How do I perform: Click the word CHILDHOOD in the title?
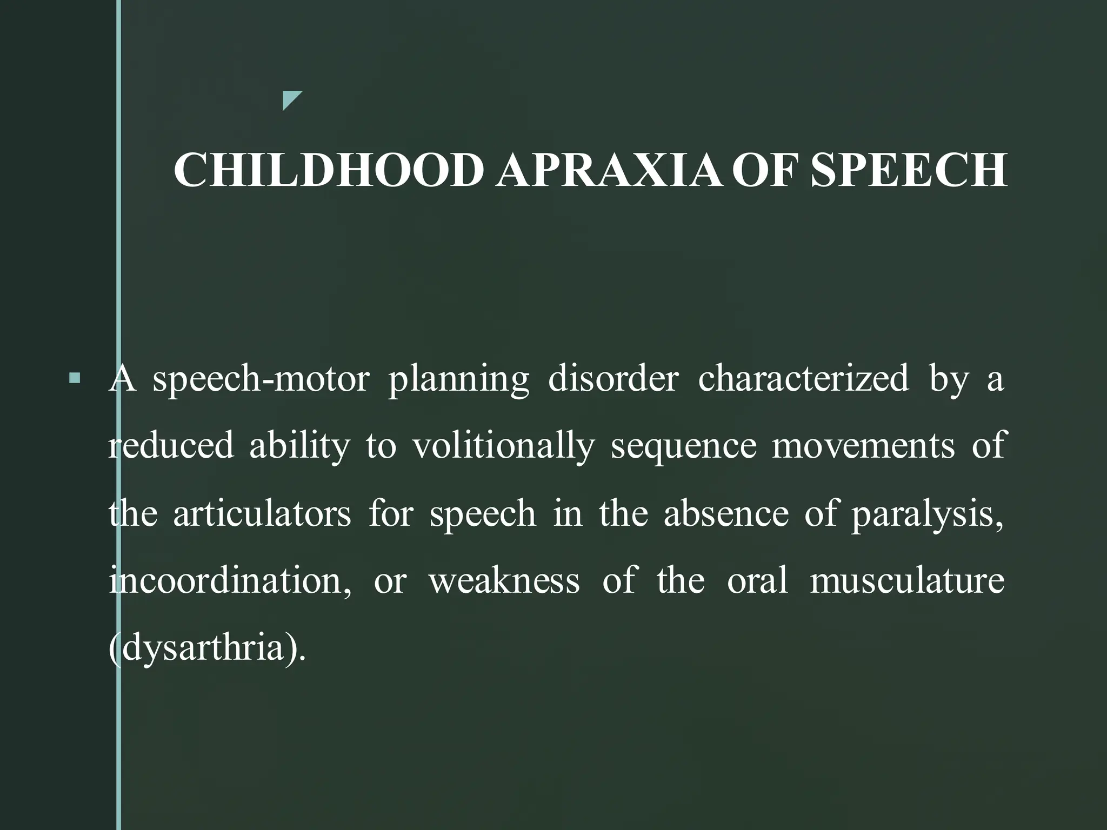pyautogui.click(x=328, y=170)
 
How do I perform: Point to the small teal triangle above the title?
pyautogui.click(x=290, y=99)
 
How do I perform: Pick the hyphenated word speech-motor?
pyautogui.click(x=261, y=379)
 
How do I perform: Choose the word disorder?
pyautogui.click(x=613, y=379)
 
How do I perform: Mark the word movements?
pyautogui.click(x=863, y=446)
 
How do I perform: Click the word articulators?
pyautogui.click(x=262, y=513)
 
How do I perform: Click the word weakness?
pyautogui.click(x=504, y=581)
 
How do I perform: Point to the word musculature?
pyautogui.click(x=906, y=581)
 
